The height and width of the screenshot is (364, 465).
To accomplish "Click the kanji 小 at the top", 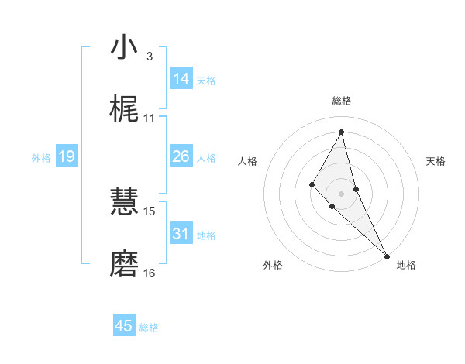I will click(x=124, y=47).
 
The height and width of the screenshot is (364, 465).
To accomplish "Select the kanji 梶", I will click(x=124, y=110).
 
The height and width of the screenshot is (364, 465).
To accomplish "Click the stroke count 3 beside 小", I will click(x=149, y=57).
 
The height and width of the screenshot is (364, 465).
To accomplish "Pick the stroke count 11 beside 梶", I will click(x=150, y=118).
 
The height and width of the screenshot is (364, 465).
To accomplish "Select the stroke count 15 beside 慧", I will click(x=150, y=211).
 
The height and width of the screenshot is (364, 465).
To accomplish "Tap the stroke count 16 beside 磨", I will click(x=150, y=273).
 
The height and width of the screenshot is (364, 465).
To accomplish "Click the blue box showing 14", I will click(x=181, y=79).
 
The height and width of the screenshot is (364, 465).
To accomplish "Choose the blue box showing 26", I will click(x=181, y=156).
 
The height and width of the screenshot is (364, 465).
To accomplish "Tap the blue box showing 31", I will click(x=181, y=233).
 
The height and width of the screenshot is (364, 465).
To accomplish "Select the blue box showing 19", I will click(x=66, y=156).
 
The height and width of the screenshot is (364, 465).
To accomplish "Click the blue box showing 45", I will click(x=124, y=326).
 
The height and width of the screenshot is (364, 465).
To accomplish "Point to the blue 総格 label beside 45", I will click(x=149, y=328).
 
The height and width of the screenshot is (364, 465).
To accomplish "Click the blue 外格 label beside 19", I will click(x=41, y=158).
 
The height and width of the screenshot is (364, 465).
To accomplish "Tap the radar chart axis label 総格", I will click(x=341, y=101).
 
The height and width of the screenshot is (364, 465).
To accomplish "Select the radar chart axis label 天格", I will click(x=436, y=161).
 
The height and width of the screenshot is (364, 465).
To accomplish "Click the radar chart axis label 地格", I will click(x=406, y=265).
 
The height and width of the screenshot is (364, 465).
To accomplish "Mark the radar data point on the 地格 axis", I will click(x=386, y=255).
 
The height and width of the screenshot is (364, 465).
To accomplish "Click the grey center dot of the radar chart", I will click(x=341, y=193).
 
